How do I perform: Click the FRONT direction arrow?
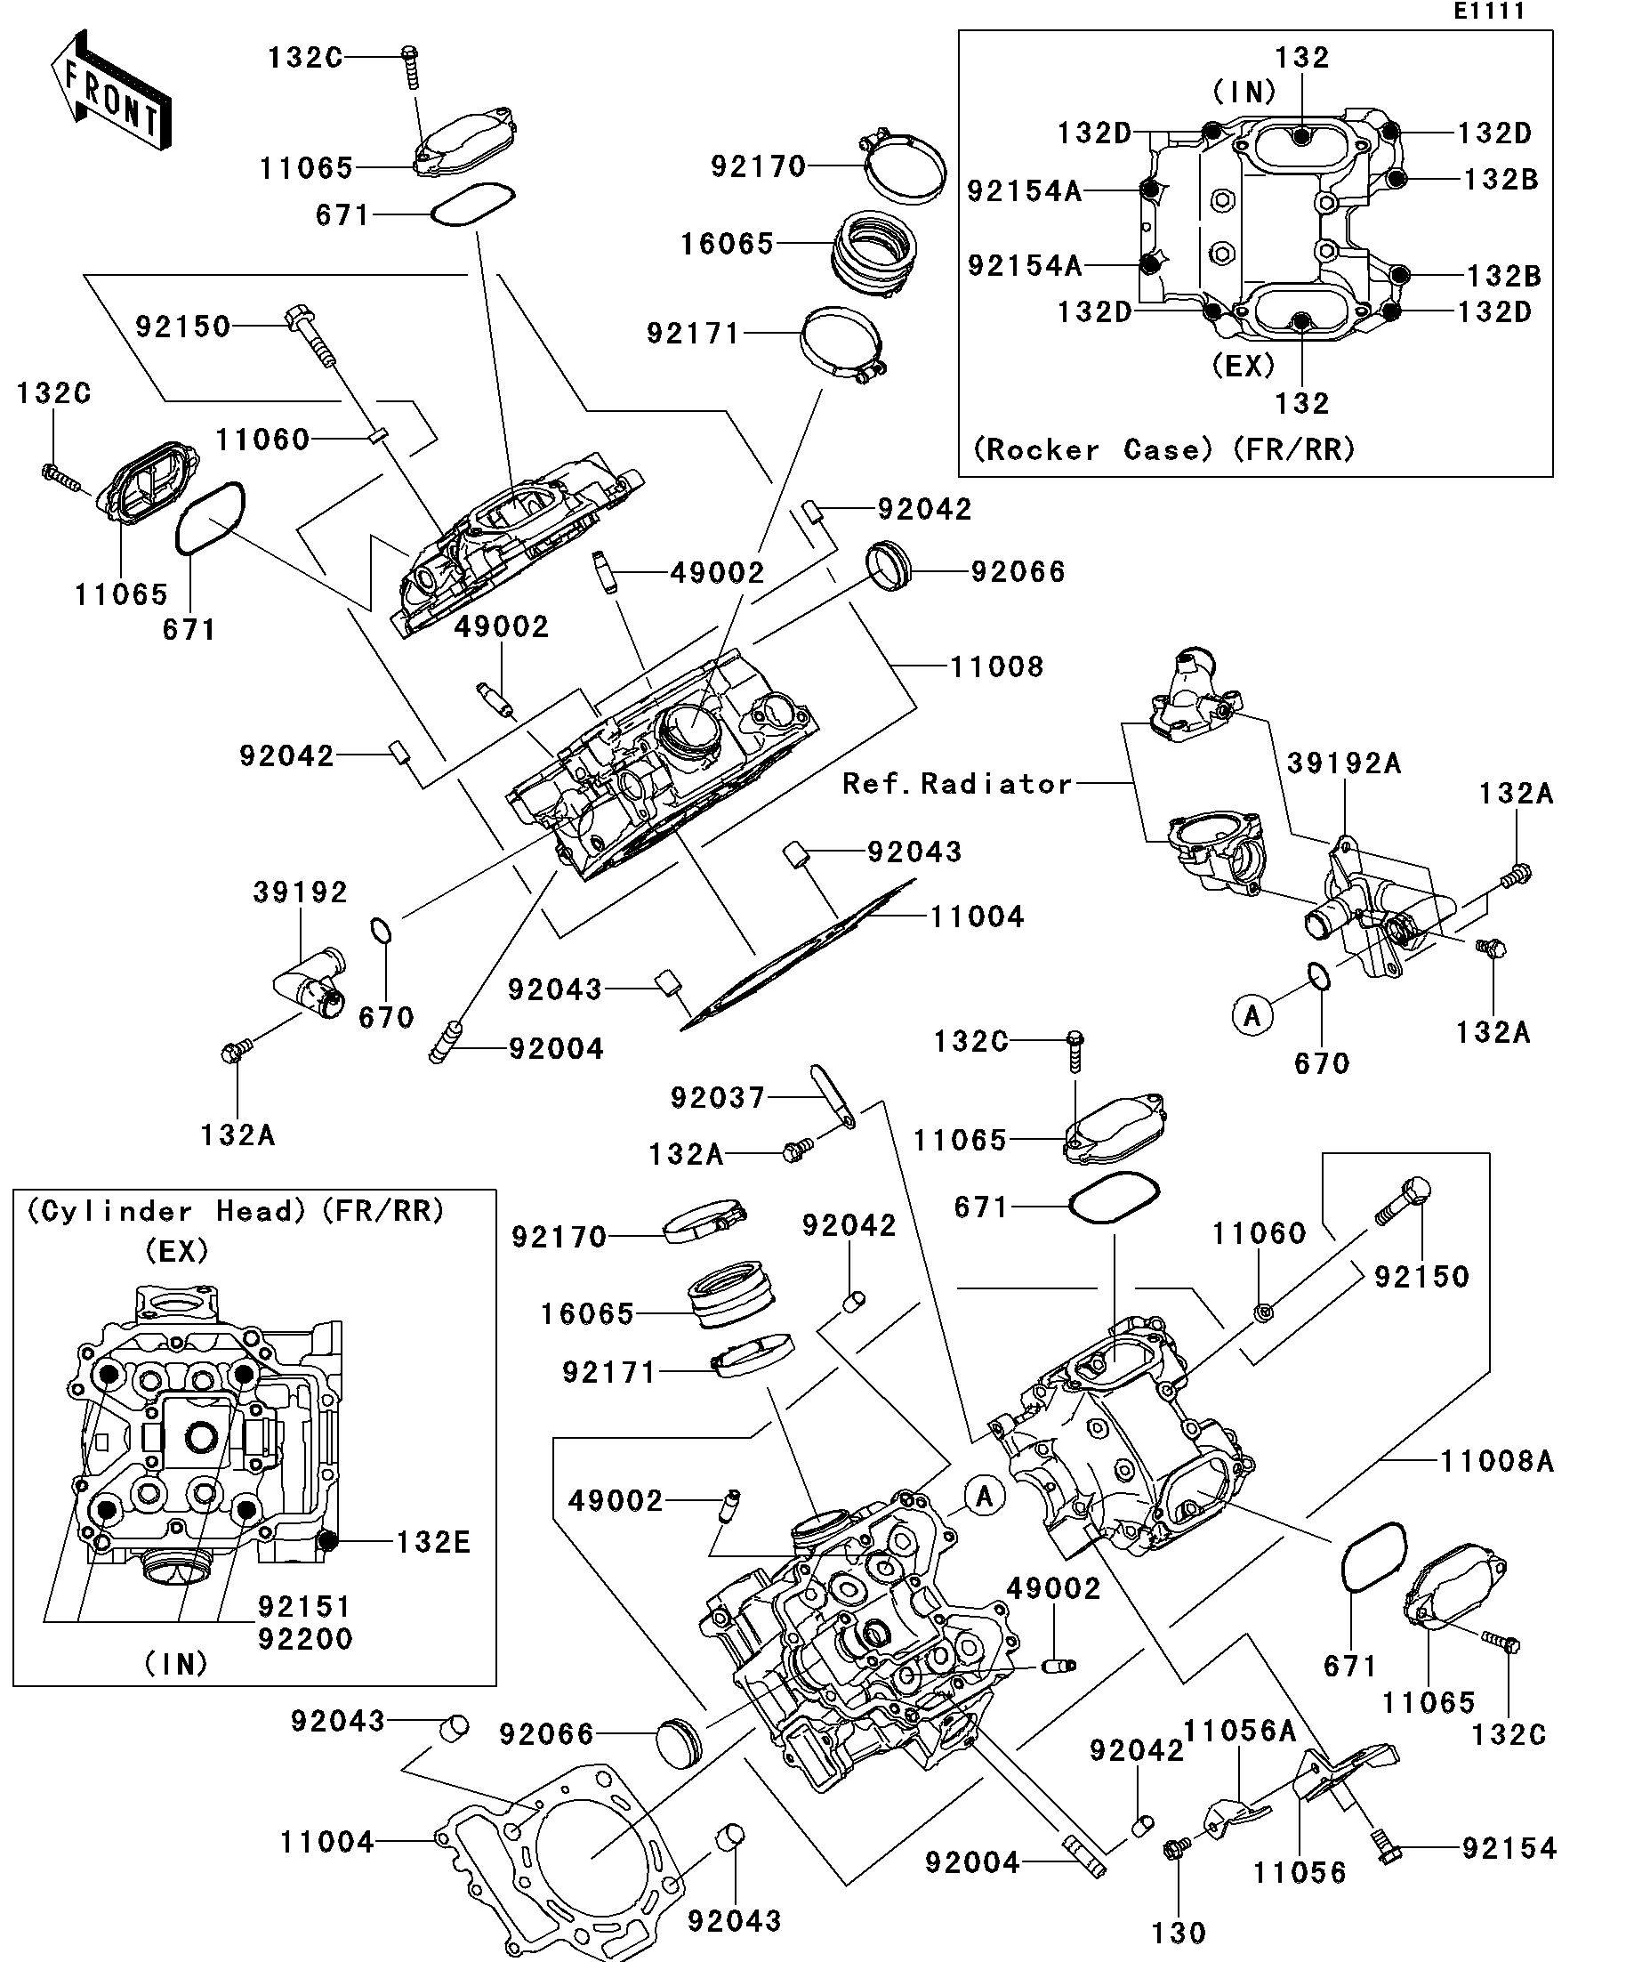click(x=110, y=91)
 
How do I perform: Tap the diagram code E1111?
click(x=1489, y=12)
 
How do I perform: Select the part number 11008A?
click(x=1496, y=1461)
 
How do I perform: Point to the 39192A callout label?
click(x=1344, y=763)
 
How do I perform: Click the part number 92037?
click(x=717, y=1097)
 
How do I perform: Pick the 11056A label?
click(x=1239, y=1732)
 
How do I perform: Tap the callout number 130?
click(x=1179, y=1932)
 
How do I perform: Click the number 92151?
click(x=304, y=1607)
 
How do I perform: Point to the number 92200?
click(x=304, y=1639)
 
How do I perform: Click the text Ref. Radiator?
click(x=957, y=783)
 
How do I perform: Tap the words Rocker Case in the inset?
click(x=1091, y=450)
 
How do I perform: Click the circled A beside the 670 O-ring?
click(x=1252, y=1014)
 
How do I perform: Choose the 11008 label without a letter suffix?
click(x=996, y=666)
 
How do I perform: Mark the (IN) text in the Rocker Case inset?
click(x=1244, y=92)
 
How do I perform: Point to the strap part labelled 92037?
click(x=833, y=1095)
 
